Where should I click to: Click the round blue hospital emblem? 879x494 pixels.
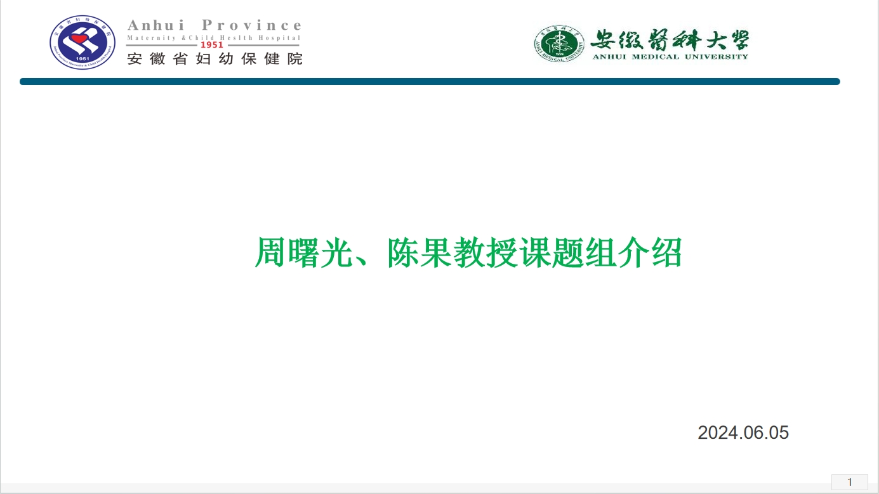(83, 42)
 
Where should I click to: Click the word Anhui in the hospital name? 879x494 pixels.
(155, 25)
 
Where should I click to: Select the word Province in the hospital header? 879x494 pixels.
(251, 25)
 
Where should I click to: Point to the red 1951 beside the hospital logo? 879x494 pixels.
(212, 45)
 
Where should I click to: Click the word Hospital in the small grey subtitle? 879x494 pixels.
(279, 38)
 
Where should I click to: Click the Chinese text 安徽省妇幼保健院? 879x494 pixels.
(215, 59)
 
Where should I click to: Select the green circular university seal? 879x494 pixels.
(559, 43)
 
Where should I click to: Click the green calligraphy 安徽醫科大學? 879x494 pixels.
(670, 40)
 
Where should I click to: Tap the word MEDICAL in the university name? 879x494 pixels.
(655, 57)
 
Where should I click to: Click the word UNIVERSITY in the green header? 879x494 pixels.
(717, 57)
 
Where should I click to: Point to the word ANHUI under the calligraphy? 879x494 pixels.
(609, 57)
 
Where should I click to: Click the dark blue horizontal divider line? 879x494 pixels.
(430, 82)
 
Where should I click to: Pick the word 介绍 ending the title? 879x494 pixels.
(650, 253)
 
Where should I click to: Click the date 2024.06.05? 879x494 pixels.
(743, 433)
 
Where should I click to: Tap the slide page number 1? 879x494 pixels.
(850, 482)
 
